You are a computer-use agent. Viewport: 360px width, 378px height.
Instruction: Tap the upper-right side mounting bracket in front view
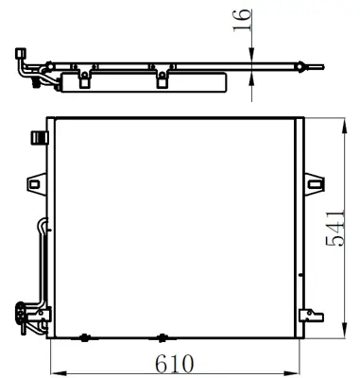(312, 180)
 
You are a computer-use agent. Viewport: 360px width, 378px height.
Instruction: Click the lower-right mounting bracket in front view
(308, 316)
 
